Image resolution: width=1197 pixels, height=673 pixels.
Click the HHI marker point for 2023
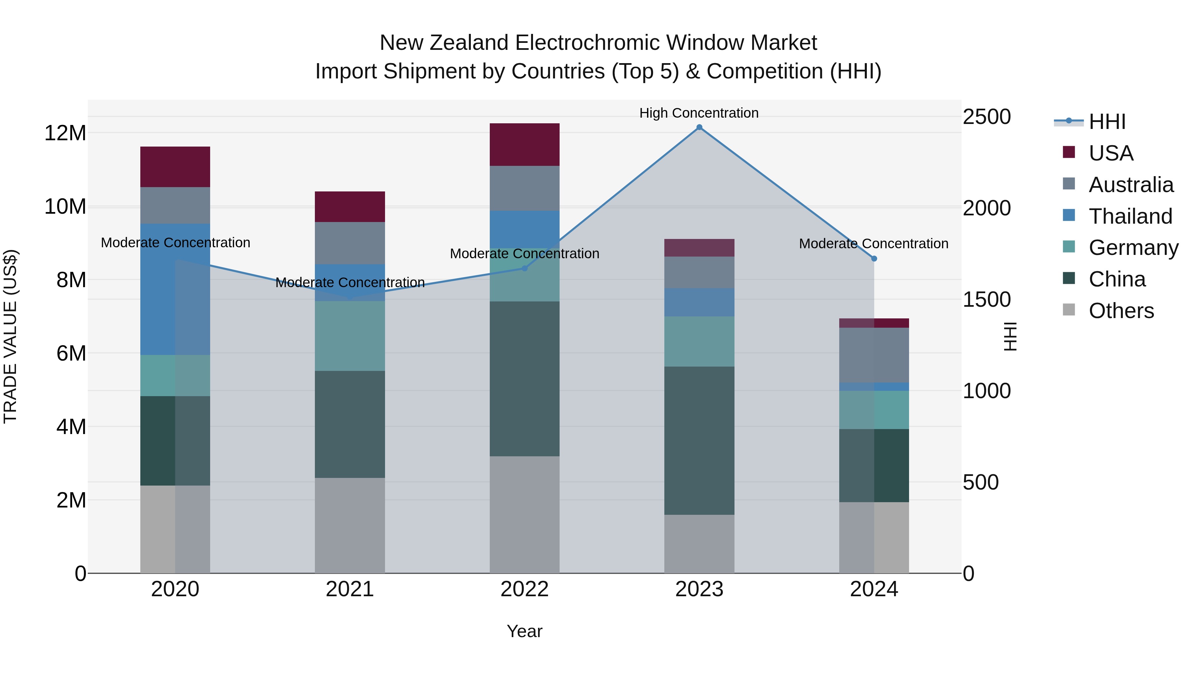point(699,127)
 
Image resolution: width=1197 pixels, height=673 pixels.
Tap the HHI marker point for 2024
point(874,259)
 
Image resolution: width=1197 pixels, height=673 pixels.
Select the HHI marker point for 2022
point(525,269)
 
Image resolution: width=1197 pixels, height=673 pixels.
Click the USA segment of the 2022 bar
point(525,145)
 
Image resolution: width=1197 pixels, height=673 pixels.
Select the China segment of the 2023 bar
point(699,440)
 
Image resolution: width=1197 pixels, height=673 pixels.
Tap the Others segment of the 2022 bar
point(525,514)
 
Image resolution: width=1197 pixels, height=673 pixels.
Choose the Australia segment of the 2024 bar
point(874,355)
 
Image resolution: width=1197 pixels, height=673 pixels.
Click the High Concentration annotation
point(699,113)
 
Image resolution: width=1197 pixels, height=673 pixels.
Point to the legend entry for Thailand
point(1130,216)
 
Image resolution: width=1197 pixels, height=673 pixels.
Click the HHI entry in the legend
point(1107,122)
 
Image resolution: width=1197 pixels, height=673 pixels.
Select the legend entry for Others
point(1121,311)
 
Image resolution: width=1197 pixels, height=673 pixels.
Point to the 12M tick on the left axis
point(65,133)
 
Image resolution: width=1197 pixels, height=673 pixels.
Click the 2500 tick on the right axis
point(987,117)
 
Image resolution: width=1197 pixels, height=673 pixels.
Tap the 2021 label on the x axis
point(350,589)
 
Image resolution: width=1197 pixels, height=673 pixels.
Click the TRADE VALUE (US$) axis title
point(10,336)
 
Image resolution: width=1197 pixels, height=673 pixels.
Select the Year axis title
point(525,631)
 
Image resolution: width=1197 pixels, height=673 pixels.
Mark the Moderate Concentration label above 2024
point(873,243)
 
